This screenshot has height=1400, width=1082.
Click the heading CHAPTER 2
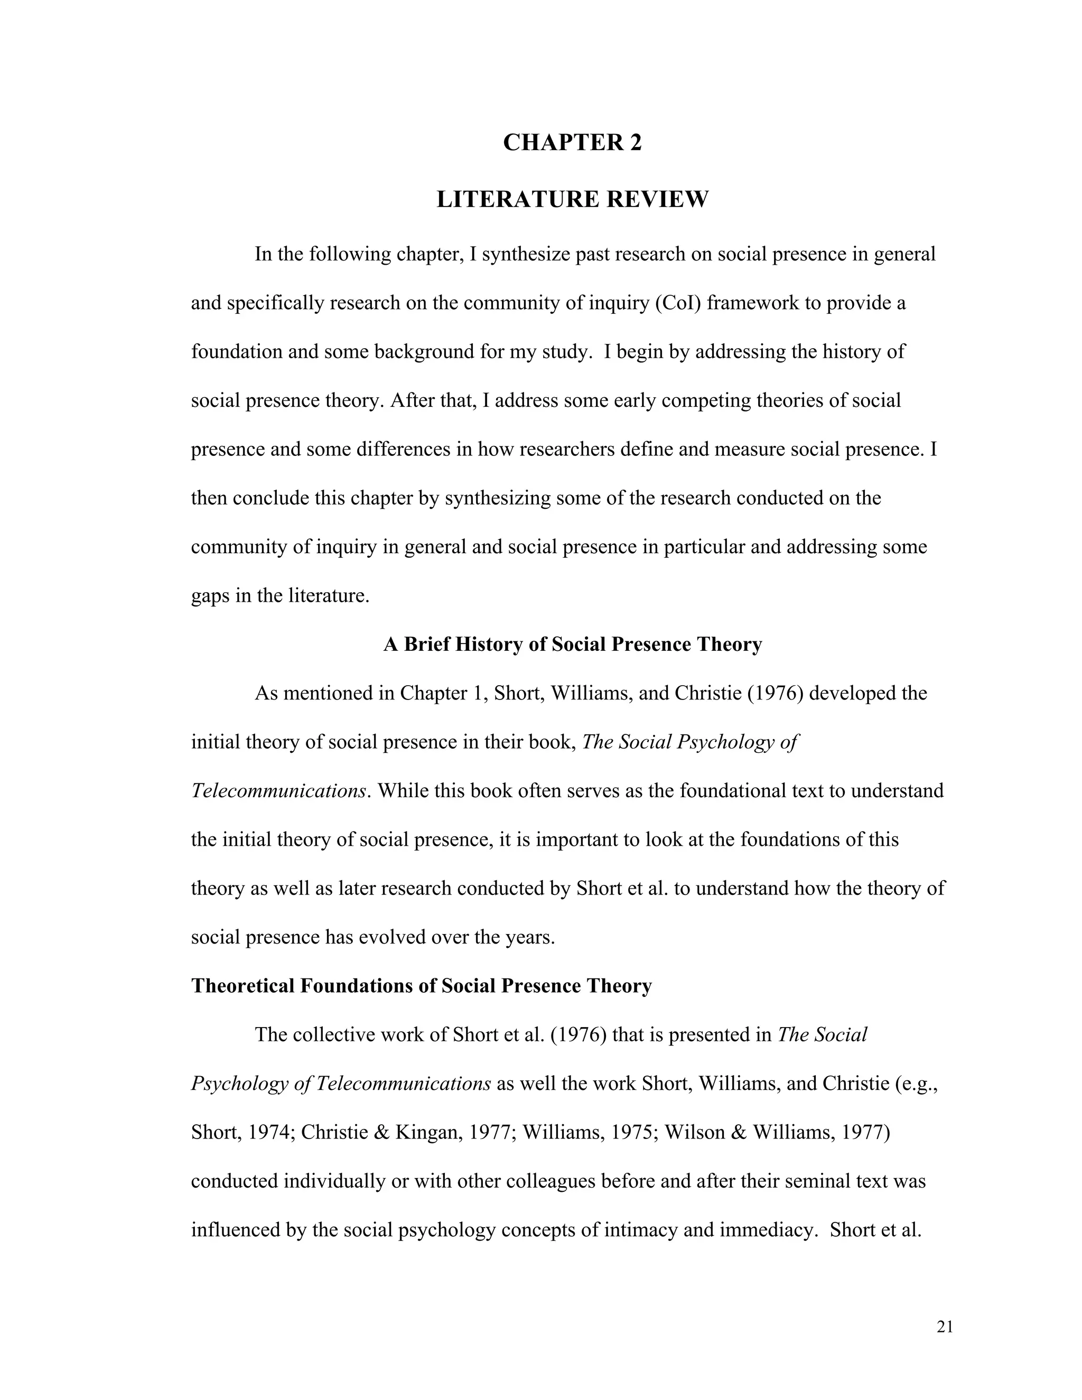572,142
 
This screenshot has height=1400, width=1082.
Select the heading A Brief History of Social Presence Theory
572,644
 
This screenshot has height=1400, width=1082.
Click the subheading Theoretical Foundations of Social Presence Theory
421,986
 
